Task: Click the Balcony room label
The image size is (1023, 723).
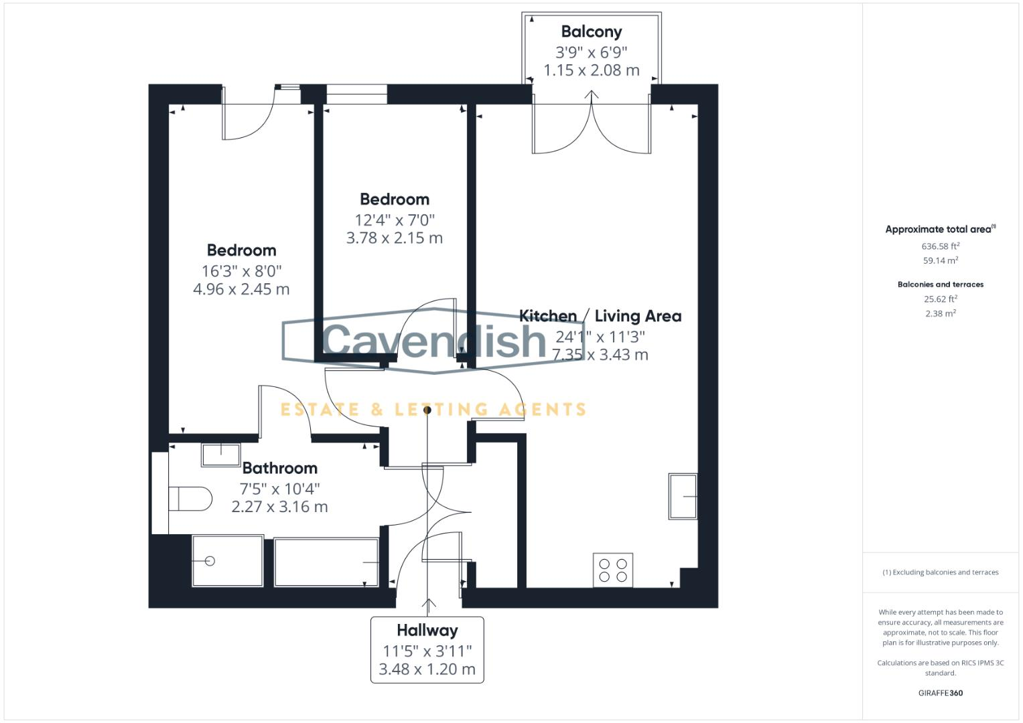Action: click(x=591, y=31)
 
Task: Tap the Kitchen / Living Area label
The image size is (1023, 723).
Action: click(x=600, y=316)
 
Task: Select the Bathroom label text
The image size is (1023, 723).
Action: click(x=279, y=468)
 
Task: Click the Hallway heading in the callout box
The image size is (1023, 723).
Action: click(x=427, y=630)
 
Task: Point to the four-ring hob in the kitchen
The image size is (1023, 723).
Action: click(x=613, y=570)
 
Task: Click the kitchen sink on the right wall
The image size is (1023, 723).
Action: click(x=682, y=497)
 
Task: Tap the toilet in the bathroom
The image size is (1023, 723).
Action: click(x=190, y=499)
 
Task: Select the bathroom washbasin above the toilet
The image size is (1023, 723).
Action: click(x=220, y=455)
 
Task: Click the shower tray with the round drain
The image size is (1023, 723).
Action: click(x=227, y=561)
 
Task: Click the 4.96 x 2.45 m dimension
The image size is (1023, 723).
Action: click(x=241, y=289)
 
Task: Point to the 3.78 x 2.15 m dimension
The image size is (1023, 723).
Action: click(x=394, y=238)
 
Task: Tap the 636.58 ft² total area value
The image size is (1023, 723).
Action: click(x=940, y=246)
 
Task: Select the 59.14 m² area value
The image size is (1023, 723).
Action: click(x=940, y=261)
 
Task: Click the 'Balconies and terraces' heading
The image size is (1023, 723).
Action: click(x=940, y=285)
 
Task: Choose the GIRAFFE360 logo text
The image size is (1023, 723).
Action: click(x=940, y=693)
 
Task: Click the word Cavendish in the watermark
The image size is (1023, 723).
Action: click(x=434, y=340)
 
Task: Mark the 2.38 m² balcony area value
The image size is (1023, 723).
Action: click(x=940, y=313)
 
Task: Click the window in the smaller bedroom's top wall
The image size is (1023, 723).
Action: click(x=356, y=94)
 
